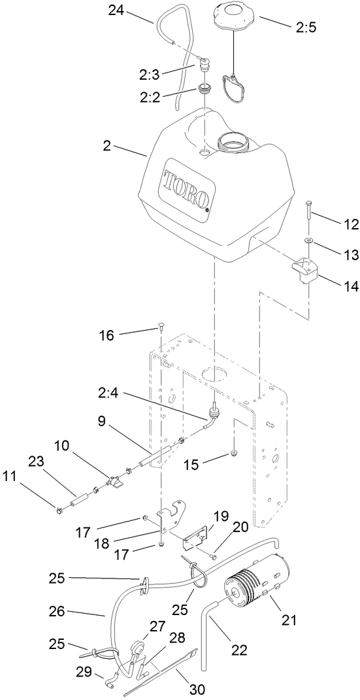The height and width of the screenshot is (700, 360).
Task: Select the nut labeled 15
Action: [233, 453]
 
